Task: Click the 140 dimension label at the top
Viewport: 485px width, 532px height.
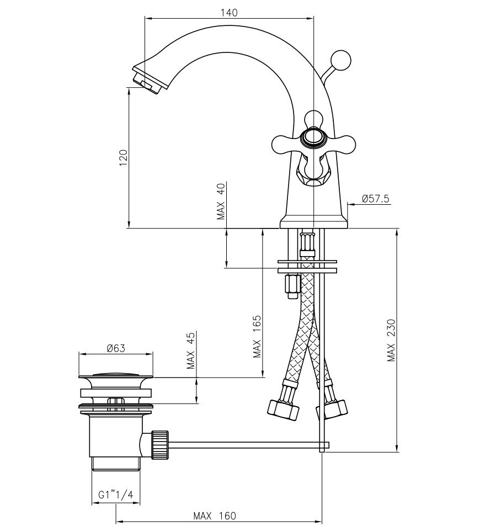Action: coord(230,13)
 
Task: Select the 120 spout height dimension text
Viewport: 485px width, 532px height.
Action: coord(123,157)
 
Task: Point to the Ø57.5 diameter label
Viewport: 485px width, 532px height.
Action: coord(375,199)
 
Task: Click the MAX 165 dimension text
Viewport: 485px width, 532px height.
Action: coord(257,337)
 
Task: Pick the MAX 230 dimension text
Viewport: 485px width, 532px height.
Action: coord(391,340)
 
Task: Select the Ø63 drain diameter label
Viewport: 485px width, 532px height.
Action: coord(116,348)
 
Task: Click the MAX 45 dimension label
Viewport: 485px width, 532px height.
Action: coord(190,350)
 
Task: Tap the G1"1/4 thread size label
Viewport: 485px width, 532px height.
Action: coord(116,495)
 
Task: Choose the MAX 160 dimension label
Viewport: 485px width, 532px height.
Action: coord(214,515)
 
